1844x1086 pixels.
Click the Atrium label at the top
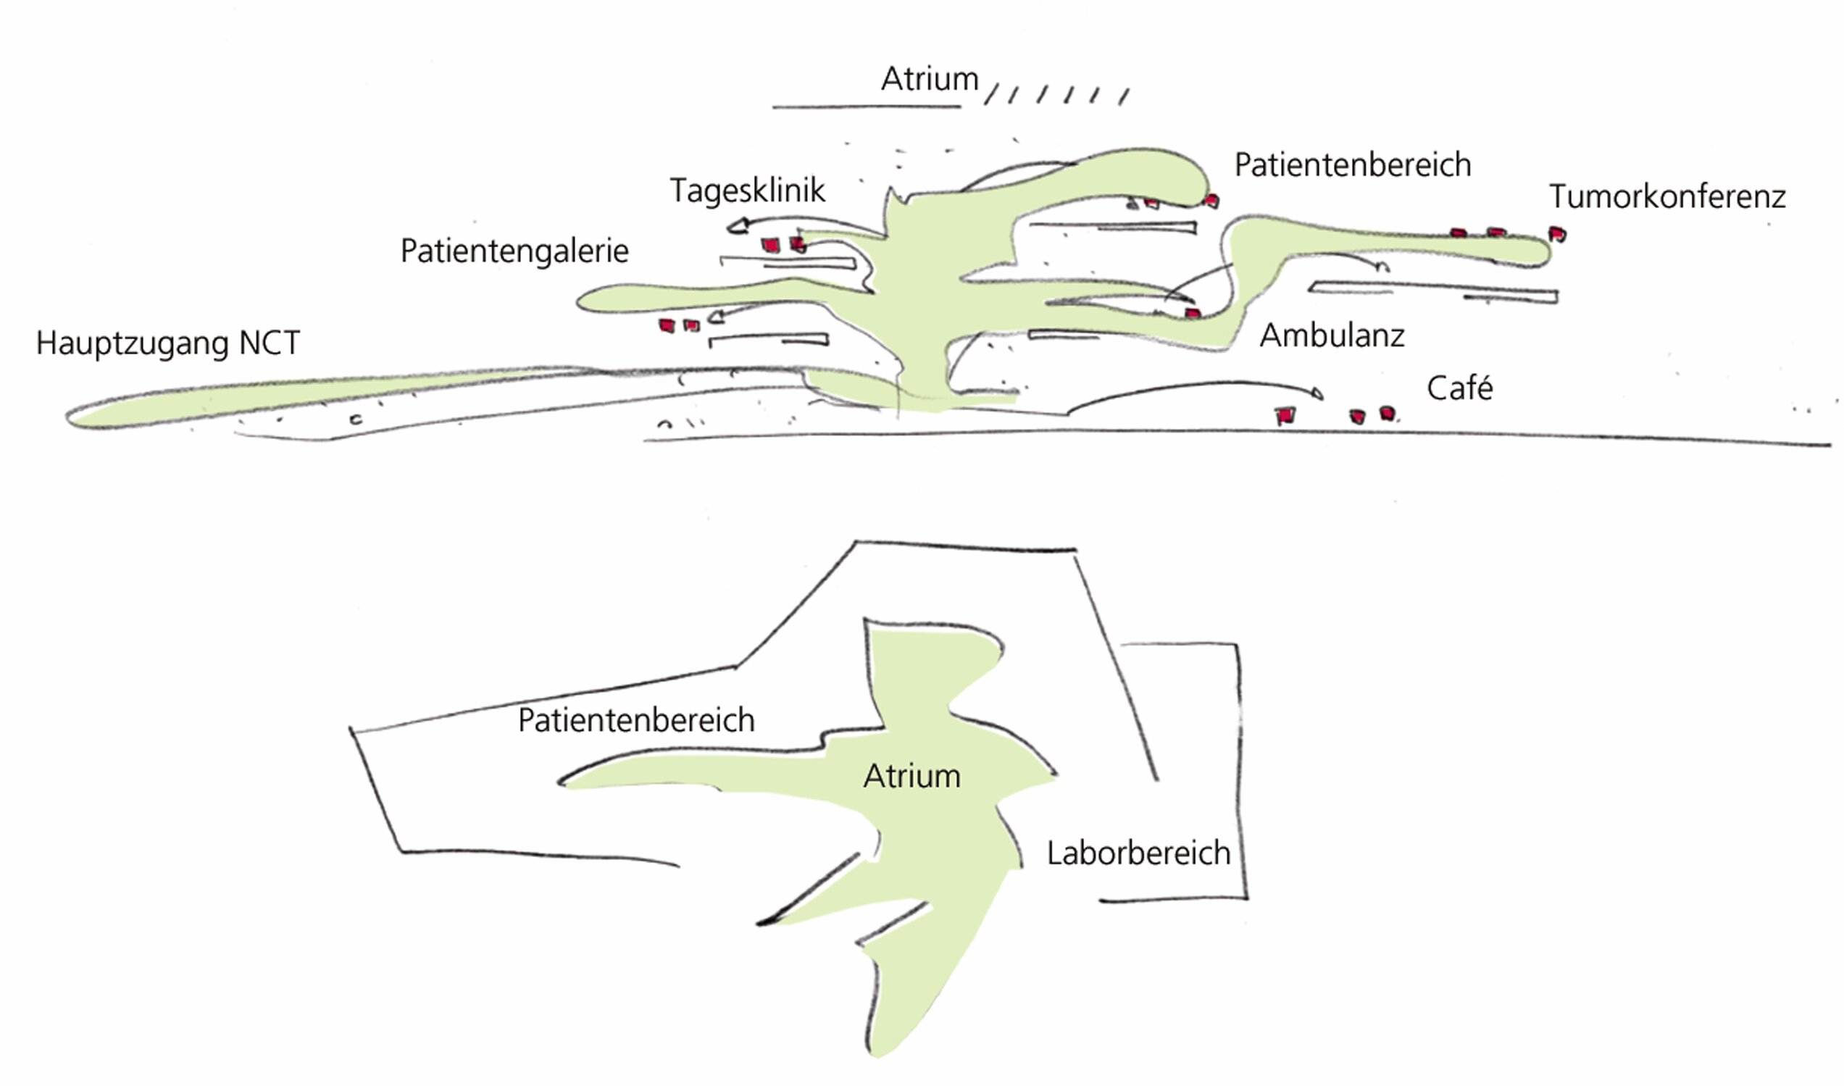pyautogui.click(x=930, y=79)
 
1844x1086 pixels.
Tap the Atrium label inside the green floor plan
pyautogui.click(x=911, y=777)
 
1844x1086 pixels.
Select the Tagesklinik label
pyautogui.click(x=747, y=191)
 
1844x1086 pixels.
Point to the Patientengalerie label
pyautogui.click(x=514, y=251)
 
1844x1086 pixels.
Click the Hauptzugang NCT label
pyautogui.click(x=167, y=343)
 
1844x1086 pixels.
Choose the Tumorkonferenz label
pyautogui.click(x=1668, y=196)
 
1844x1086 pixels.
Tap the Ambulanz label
pyautogui.click(x=1332, y=336)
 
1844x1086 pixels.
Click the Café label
pyautogui.click(x=1459, y=388)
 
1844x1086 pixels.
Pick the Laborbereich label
pyautogui.click(x=1138, y=853)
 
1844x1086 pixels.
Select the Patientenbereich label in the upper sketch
pyautogui.click(x=1352, y=164)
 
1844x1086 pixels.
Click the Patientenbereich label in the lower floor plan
pyautogui.click(x=636, y=720)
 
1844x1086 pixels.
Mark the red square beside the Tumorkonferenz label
pyautogui.click(x=1557, y=234)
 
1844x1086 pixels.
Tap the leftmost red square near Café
pyautogui.click(x=1285, y=416)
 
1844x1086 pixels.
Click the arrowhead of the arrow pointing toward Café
pyautogui.click(x=1318, y=393)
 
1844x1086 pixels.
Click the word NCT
pyautogui.click(x=270, y=343)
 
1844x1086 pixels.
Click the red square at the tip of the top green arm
pyautogui.click(x=1211, y=200)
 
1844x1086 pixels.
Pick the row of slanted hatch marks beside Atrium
pyautogui.click(x=1056, y=95)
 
